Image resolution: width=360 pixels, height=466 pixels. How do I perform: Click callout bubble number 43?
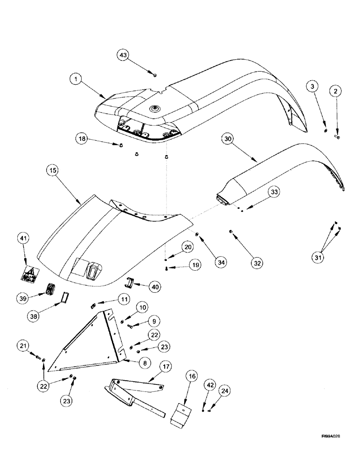coord(124,55)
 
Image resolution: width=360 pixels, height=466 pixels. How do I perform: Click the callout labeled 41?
coord(25,239)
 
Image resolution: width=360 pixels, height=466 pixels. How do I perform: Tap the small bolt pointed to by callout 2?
coord(338,137)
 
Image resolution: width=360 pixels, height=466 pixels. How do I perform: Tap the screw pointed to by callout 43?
coord(155,74)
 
